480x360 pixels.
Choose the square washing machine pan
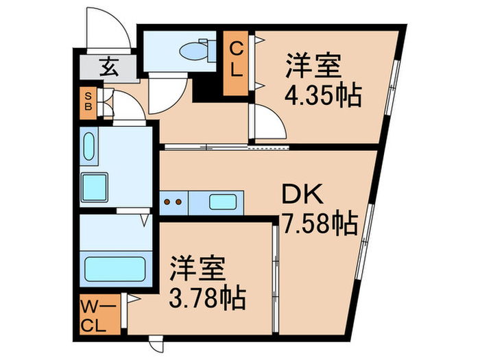(x=95, y=185)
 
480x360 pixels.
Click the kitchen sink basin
(x=224, y=202)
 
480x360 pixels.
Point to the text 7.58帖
(x=319, y=223)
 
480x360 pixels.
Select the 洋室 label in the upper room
(x=314, y=69)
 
